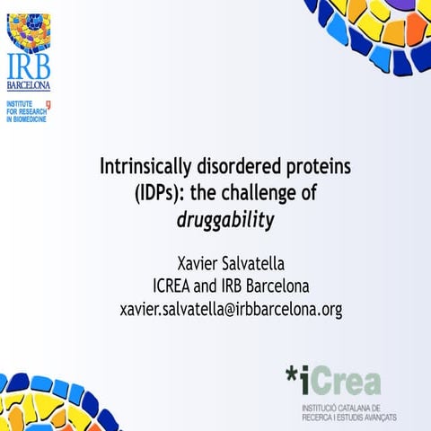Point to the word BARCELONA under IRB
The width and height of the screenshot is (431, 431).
[x=29, y=86]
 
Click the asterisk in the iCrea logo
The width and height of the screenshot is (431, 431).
[x=294, y=375]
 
